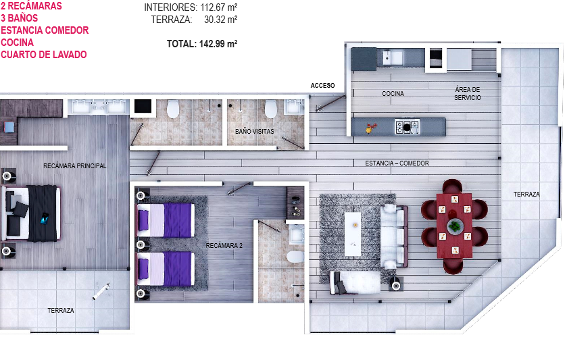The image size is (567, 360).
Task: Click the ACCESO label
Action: [x=322, y=85]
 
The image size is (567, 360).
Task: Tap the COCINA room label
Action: [x=393, y=94]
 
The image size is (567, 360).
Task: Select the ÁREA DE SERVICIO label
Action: [x=467, y=94]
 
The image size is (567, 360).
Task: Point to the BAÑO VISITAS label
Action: [x=255, y=131]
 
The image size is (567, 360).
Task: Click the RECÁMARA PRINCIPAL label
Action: [x=74, y=165]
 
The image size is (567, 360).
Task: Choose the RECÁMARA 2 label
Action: [x=224, y=245]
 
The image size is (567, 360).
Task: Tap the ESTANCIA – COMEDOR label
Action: [x=397, y=163]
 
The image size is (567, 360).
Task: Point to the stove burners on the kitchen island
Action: [x=407, y=126]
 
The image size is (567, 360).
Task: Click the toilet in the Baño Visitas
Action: [x=271, y=108]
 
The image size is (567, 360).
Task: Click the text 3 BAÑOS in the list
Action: [x=20, y=18]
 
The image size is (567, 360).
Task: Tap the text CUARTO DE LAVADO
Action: [x=44, y=55]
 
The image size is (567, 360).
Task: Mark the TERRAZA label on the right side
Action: [x=526, y=194]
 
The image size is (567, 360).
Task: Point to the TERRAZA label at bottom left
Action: [x=61, y=310]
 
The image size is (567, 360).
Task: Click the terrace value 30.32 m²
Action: [x=221, y=20]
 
